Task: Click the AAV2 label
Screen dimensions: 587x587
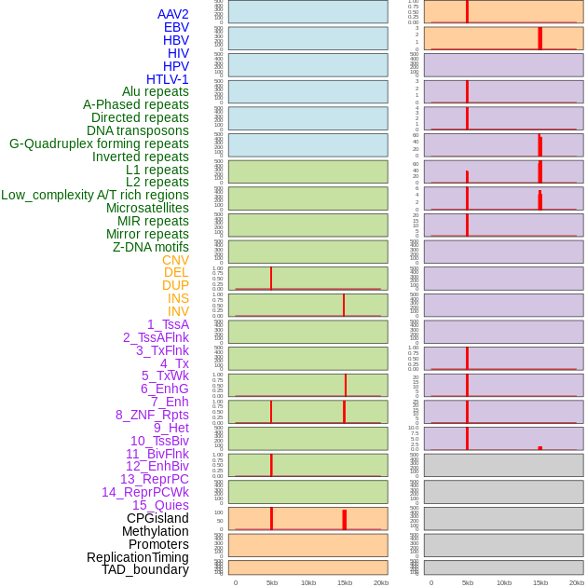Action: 172,14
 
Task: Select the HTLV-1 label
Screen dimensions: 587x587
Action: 167,79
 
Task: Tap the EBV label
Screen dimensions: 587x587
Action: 176,27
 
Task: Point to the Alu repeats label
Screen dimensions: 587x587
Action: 155,91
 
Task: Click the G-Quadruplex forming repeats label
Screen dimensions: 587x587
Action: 99,143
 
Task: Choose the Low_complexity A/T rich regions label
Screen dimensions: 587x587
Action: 94,195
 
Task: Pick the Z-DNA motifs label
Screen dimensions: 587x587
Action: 151,247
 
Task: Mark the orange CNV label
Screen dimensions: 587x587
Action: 175,260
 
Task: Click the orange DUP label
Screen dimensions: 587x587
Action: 175,285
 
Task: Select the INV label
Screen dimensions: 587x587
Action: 178,311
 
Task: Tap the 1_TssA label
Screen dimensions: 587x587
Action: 168,324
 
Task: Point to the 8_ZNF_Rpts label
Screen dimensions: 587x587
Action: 152,415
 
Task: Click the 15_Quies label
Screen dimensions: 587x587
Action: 160,505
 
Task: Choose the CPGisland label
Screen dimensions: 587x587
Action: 157,518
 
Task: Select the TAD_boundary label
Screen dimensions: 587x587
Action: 144,569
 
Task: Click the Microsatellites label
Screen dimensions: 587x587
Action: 147,208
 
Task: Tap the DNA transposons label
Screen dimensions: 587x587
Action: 138,130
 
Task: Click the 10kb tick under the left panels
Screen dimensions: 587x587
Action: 307,582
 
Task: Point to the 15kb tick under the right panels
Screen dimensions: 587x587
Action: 540,582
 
